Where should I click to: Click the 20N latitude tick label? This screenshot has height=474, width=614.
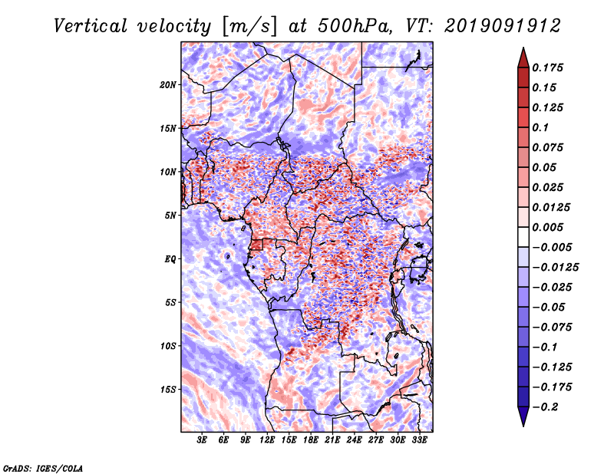pyautogui.click(x=168, y=85)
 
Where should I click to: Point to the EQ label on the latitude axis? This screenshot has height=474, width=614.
pyautogui.click(x=170, y=259)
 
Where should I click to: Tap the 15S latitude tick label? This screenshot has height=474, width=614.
pyautogui.click(x=168, y=390)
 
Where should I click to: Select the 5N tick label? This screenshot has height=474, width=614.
pyautogui.click(x=170, y=216)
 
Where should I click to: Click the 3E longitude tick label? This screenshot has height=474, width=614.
pyautogui.click(x=202, y=440)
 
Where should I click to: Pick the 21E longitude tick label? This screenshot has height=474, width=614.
pyautogui.click(x=332, y=440)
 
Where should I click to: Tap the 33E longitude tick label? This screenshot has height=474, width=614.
pyautogui.click(x=419, y=440)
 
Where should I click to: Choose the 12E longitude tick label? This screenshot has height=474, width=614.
pyautogui.click(x=267, y=440)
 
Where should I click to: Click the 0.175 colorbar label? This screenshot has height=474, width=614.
pyautogui.click(x=547, y=67)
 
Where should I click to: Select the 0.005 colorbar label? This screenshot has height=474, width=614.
pyautogui.click(x=547, y=227)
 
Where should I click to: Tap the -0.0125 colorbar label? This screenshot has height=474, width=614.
pyautogui.click(x=555, y=268)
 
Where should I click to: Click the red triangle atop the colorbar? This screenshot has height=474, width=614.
pyautogui.click(x=523, y=58)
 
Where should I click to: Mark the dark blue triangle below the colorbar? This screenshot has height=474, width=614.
pyautogui.click(x=523, y=416)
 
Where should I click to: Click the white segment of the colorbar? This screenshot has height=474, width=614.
pyautogui.click(x=523, y=237)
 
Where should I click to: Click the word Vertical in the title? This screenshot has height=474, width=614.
pyautogui.click(x=91, y=26)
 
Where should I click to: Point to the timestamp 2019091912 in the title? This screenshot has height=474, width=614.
pyautogui.click(x=503, y=26)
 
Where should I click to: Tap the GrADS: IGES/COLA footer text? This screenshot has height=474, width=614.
pyautogui.click(x=43, y=468)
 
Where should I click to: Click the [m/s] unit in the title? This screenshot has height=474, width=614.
pyautogui.click(x=249, y=27)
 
